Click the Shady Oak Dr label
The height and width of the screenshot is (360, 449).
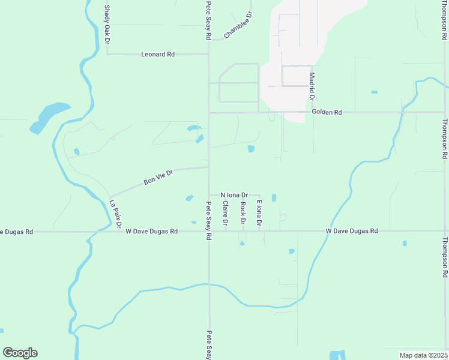coord(107,25)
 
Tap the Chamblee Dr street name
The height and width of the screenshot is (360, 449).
coord(238,25)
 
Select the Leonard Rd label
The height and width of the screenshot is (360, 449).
coord(158,54)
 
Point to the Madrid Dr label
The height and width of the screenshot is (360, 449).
coord(312,86)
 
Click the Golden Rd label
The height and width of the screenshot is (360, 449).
coord(327,112)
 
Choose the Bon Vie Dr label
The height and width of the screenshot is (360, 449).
coord(158,177)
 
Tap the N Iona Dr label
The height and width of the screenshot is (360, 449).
coord(234,195)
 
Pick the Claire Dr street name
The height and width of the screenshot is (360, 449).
coord(226,214)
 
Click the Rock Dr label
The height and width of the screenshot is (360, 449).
coord(243,214)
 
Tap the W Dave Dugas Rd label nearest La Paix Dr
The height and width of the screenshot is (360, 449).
coord(152,231)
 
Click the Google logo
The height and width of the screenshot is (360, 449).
coord(20,353)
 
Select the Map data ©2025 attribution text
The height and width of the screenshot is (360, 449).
coord(424,355)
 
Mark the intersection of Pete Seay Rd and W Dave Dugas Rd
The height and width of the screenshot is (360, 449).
coord(209,231)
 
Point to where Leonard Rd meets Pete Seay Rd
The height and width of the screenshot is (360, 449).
coord(209,54)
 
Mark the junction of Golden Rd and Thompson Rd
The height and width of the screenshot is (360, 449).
coord(445,112)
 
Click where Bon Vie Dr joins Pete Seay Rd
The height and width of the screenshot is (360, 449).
coord(209,168)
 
